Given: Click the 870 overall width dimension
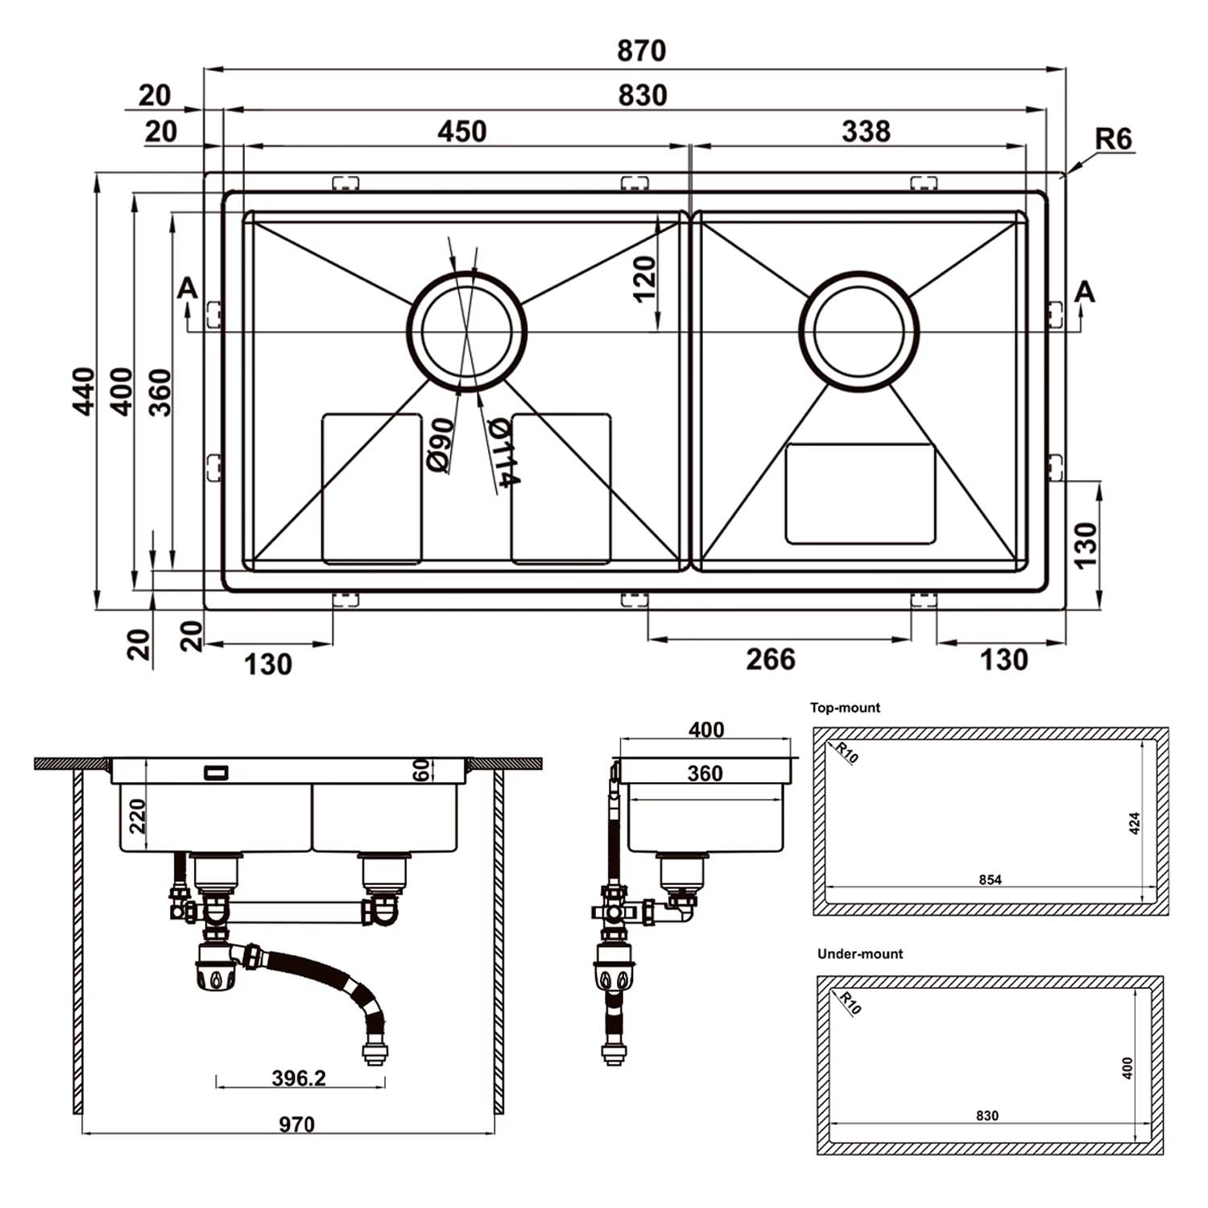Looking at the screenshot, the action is pos(642,51).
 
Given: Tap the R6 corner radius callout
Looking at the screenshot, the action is pos(1114,139).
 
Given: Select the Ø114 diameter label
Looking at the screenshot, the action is pos(504,453).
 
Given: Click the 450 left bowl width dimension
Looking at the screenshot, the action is pos(462,131).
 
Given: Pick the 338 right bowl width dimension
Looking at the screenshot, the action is pos(866,131).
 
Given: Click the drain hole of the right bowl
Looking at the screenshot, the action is pos(858,331).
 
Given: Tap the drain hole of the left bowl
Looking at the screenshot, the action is pos(466,331).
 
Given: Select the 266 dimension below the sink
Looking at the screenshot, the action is pos(771,660).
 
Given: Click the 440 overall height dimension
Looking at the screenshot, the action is pos(85,391).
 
